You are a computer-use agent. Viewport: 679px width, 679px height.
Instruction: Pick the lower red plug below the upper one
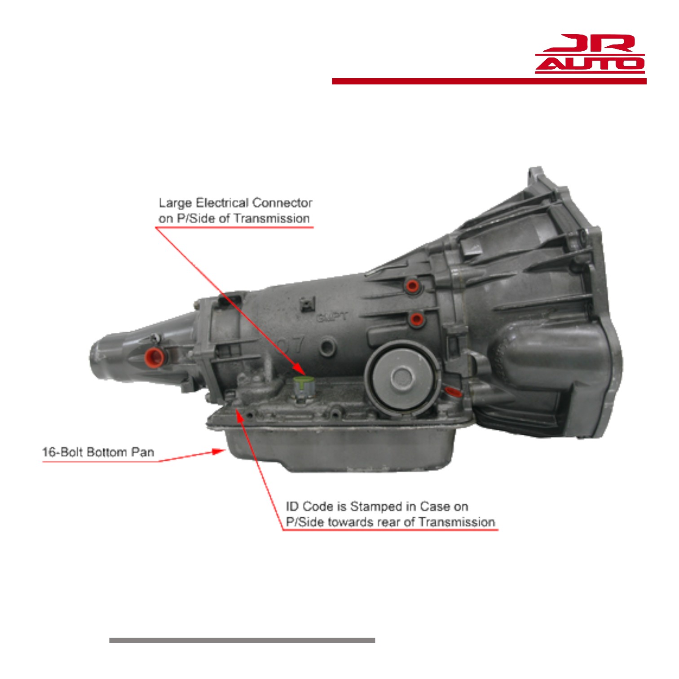coord(416,319)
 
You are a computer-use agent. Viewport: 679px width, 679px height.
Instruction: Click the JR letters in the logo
coord(590,43)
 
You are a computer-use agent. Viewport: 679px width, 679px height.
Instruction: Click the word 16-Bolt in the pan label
coord(62,452)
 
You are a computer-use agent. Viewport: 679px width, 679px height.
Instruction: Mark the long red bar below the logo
coord(489,81)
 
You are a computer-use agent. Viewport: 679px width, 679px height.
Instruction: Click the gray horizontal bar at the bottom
coord(242,640)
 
